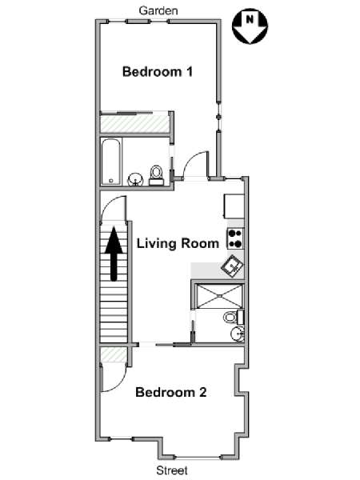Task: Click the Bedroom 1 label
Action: click(x=158, y=72)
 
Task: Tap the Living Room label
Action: click(x=178, y=243)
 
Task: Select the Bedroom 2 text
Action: click(x=171, y=392)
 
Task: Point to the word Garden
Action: click(x=158, y=10)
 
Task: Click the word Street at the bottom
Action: click(x=172, y=470)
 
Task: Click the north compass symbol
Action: click(x=250, y=26)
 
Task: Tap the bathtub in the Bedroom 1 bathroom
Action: click(x=111, y=162)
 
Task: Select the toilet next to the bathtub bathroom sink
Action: click(x=156, y=176)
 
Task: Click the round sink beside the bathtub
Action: click(x=135, y=179)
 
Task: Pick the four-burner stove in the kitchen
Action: click(x=235, y=238)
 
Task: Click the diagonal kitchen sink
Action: click(x=232, y=266)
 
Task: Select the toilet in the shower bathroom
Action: click(x=234, y=317)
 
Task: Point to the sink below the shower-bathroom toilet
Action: click(x=238, y=334)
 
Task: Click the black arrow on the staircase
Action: click(x=114, y=254)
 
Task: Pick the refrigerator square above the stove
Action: click(x=234, y=206)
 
